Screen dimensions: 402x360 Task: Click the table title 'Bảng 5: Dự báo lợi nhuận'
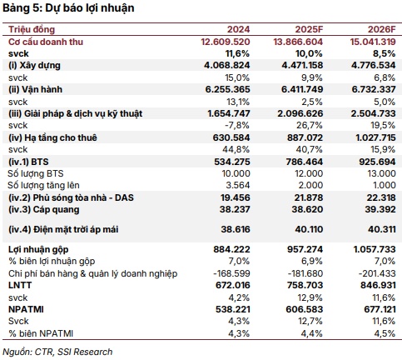pyautogui.click(x=68, y=8)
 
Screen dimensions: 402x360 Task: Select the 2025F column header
pyautogui.click(x=309, y=29)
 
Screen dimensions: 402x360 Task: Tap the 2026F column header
pyautogui.click(x=382, y=29)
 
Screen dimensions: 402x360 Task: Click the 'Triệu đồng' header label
pyautogui.click(x=32, y=29)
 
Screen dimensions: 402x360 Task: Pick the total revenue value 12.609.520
pyautogui.click(x=226, y=42)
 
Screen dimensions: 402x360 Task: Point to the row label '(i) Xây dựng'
pyautogui.click(x=34, y=66)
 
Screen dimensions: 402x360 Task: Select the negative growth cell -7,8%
pyautogui.click(x=237, y=126)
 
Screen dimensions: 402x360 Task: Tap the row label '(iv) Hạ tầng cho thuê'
pyautogui.click(x=52, y=137)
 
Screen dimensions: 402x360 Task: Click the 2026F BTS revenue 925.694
pyautogui.click(x=377, y=162)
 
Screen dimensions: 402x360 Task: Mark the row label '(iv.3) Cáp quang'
pyautogui.click(x=44, y=210)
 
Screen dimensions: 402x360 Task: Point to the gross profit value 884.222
pyautogui.click(x=231, y=249)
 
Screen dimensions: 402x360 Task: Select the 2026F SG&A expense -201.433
pyautogui.click(x=377, y=273)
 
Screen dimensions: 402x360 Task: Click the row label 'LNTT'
pyautogui.click(x=20, y=285)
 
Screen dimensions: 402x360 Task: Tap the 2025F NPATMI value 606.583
pyautogui.click(x=305, y=309)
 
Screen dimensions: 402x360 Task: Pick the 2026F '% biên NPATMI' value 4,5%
pyautogui.click(x=385, y=333)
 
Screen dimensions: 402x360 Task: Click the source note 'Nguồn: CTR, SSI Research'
pyautogui.click(x=57, y=352)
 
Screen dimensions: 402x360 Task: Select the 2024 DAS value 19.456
pyautogui.click(x=236, y=197)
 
